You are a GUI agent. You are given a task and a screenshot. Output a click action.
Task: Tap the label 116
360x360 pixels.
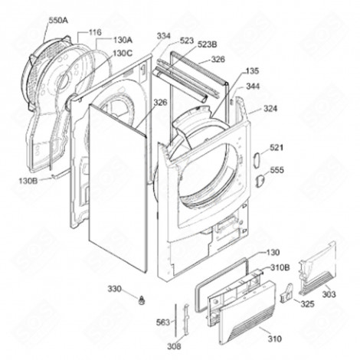coord(95,32)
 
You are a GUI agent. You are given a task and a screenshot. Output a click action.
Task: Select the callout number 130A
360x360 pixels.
coord(123,40)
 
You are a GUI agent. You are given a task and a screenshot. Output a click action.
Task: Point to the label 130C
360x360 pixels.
coord(123,53)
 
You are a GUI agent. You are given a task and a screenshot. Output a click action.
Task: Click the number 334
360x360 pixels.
coord(164,36)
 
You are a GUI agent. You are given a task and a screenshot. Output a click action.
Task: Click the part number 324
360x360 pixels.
coord(271,110)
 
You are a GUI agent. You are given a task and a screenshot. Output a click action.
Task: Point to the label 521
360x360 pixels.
coord(277,146)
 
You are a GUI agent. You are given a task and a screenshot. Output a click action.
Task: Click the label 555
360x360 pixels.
coord(277,170)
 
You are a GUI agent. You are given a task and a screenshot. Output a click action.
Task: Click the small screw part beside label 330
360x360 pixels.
coord(140,296)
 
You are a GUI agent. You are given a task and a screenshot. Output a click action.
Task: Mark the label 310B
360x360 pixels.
coord(280,268)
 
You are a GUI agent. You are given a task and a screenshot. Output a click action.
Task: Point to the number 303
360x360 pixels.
coord(328,293)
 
